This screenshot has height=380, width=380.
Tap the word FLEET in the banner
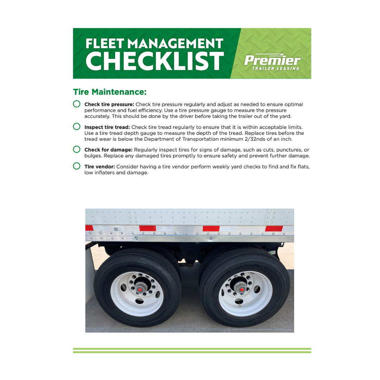(104, 44)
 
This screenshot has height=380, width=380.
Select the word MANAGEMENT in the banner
(175, 44)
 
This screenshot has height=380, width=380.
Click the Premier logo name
(273, 60)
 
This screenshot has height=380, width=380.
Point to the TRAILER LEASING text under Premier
(276, 69)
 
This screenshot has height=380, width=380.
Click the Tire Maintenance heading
(109, 92)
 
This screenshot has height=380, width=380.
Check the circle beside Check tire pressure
(77, 104)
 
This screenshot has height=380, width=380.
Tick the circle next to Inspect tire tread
(77, 126)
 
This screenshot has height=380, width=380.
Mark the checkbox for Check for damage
(77, 149)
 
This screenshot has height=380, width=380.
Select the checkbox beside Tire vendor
(77, 166)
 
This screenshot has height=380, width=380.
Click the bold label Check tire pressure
(109, 104)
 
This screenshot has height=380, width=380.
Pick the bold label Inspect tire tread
(107, 127)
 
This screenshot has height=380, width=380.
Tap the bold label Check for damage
(108, 150)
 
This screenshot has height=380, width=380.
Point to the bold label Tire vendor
(100, 166)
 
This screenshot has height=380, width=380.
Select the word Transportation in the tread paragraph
(200, 139)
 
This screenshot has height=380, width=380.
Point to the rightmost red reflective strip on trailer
(274, 229)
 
